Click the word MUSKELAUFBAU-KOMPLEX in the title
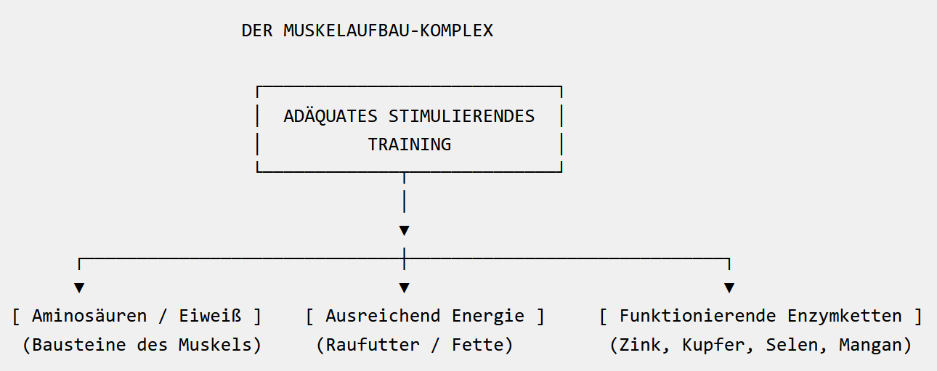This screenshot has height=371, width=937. pyautogui.click(x=388, y=30)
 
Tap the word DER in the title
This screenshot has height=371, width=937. pyautogui.click(x=257, y=30)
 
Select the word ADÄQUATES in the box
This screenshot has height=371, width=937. pyautogui.click(x=330, y=116)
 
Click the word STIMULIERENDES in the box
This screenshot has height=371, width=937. pyautogui.click(x=461, y=116)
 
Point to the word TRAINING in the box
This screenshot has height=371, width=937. pyautogui.click(x=410, y=144)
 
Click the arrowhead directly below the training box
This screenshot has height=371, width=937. pyautogui.click(x=404, y=230)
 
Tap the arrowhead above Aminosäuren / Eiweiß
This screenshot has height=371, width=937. pyautogui.click(x=79, y=288)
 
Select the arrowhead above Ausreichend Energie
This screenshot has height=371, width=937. pyautogui.click(x=404, y=288)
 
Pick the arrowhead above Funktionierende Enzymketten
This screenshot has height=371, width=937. pyautogui.click(x=729, y=288)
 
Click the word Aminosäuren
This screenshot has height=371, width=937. pyautogui.click(x=89, y=316)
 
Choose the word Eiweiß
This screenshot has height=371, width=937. pyautogui.click(x=210, y=316)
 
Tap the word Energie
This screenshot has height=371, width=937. pyautogui.click(x=488, y=317)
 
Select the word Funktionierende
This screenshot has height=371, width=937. pyautogui.click(x=698, y=316)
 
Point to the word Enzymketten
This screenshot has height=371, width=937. pyautogui.click(x=845, y=317)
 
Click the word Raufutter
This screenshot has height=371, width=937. pyautogui.click(x=373, y=345)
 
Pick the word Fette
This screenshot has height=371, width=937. pyautogui.click(x=478, y=345)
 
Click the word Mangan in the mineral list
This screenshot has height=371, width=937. pyautogui.click(x=870, y=346)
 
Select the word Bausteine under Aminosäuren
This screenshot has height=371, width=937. pyautogui.click(x=79, y=345)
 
